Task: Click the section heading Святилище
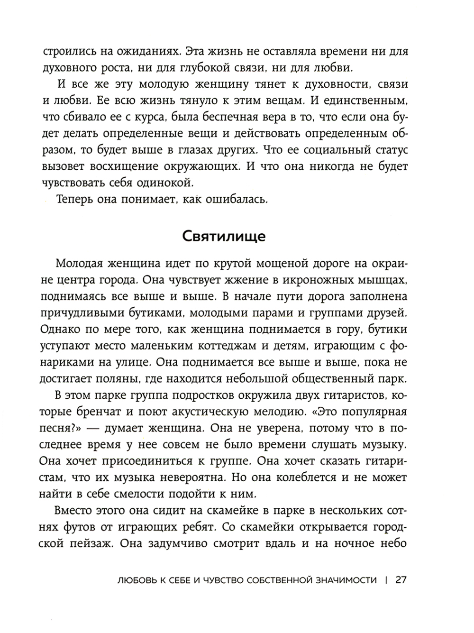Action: coord(224,236)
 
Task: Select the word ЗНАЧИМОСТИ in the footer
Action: coord(342,580)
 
